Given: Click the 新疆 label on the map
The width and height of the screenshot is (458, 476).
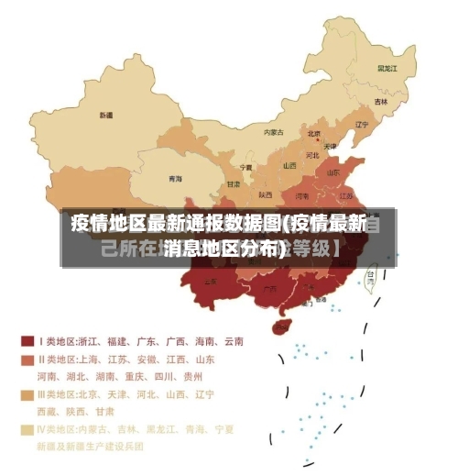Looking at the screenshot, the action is (106, 116).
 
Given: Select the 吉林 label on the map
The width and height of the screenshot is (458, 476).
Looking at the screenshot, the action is (380, 101).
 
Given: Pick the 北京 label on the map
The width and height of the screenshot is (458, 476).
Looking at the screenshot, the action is (313, 134).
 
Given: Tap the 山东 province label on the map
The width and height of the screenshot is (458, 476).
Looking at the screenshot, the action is (334, 172).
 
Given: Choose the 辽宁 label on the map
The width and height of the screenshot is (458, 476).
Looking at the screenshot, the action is (362, 125).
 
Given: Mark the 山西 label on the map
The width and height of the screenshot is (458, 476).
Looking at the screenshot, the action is (289, 165).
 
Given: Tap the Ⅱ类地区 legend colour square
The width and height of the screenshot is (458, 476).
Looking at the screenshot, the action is (27, 360).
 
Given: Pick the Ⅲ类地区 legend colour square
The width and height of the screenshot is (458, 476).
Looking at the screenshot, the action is (27, 394).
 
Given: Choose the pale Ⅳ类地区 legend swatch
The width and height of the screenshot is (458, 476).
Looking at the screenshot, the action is (27, 429).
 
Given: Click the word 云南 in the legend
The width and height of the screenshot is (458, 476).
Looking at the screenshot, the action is (233, 342).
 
